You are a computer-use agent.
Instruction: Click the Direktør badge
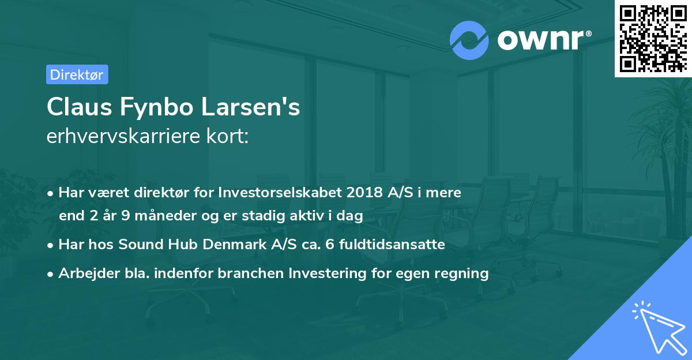pyautogui.click(x=77, y=74)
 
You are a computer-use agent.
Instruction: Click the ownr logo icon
pyautogui.click(x=469, y=40)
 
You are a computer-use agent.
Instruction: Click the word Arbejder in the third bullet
pyautogui.click(x=84, y=273)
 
